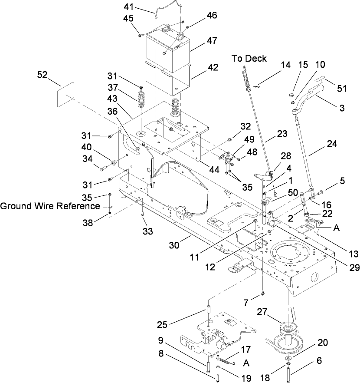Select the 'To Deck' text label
[x=249, y=58]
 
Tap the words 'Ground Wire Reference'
[x=50, y=206]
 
